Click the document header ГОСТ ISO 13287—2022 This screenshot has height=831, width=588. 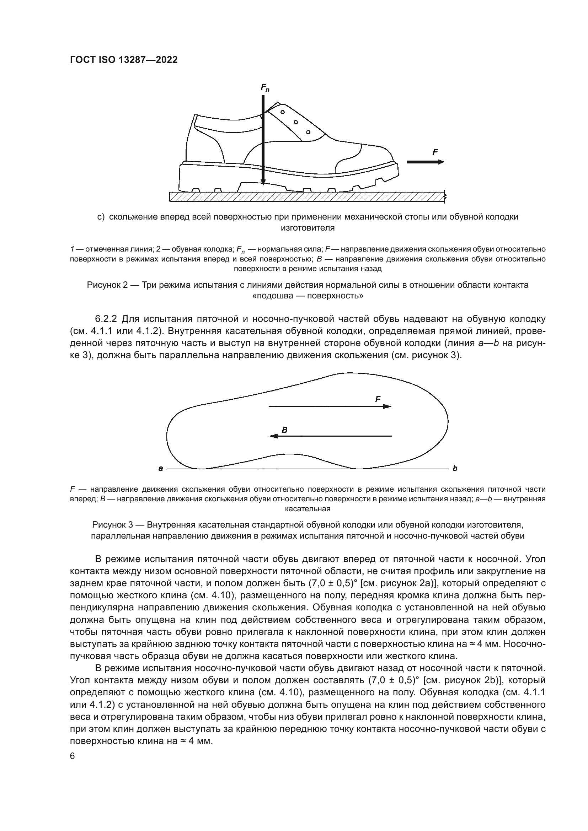(x=123, y=60)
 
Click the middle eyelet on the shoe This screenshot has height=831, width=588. (x=295, y=122)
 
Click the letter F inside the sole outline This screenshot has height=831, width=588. (x=378, y=399)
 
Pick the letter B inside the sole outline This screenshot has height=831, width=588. (x=285, y=430)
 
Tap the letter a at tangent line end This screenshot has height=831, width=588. (x=160, y=469)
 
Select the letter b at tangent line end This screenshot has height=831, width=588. (x=455, y=469)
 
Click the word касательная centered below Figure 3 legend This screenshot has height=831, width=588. (x=308, y=508)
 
